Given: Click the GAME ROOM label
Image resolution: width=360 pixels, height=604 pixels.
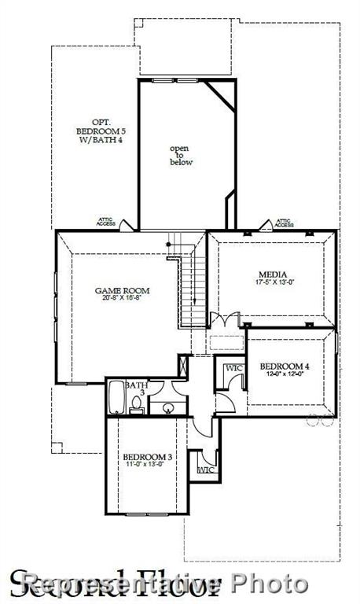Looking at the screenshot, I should pos(122,291).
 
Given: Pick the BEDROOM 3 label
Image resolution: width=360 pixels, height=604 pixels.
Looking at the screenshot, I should pos(147,457).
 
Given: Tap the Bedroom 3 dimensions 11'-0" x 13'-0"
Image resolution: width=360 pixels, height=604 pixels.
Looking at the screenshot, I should pos(147,465).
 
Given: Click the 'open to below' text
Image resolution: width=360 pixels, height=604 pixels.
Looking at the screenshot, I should pos(181,154).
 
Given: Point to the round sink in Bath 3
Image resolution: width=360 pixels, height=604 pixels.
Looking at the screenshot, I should pos(166,407).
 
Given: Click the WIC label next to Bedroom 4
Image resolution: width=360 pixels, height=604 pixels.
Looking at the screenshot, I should pos(234,367).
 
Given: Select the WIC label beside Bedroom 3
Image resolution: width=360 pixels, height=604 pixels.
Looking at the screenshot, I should pos(206,470).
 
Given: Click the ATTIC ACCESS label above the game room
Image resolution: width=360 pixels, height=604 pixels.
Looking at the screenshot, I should pos(106,223).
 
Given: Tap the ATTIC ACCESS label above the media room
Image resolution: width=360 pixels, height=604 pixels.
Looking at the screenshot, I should pos(285,223).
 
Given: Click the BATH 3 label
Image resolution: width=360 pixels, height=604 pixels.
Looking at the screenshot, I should pos(139,386).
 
